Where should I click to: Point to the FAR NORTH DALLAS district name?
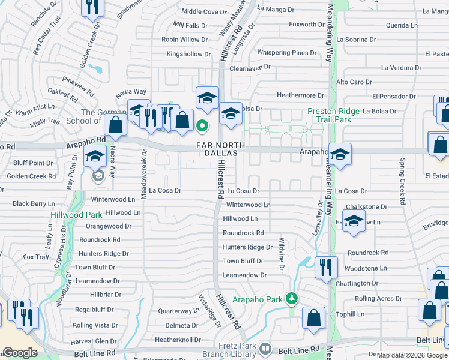220,149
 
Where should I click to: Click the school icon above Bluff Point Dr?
94,157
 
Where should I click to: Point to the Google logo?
20,352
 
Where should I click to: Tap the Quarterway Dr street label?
178,311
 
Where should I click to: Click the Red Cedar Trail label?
47,40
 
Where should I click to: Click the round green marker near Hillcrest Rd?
202,125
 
